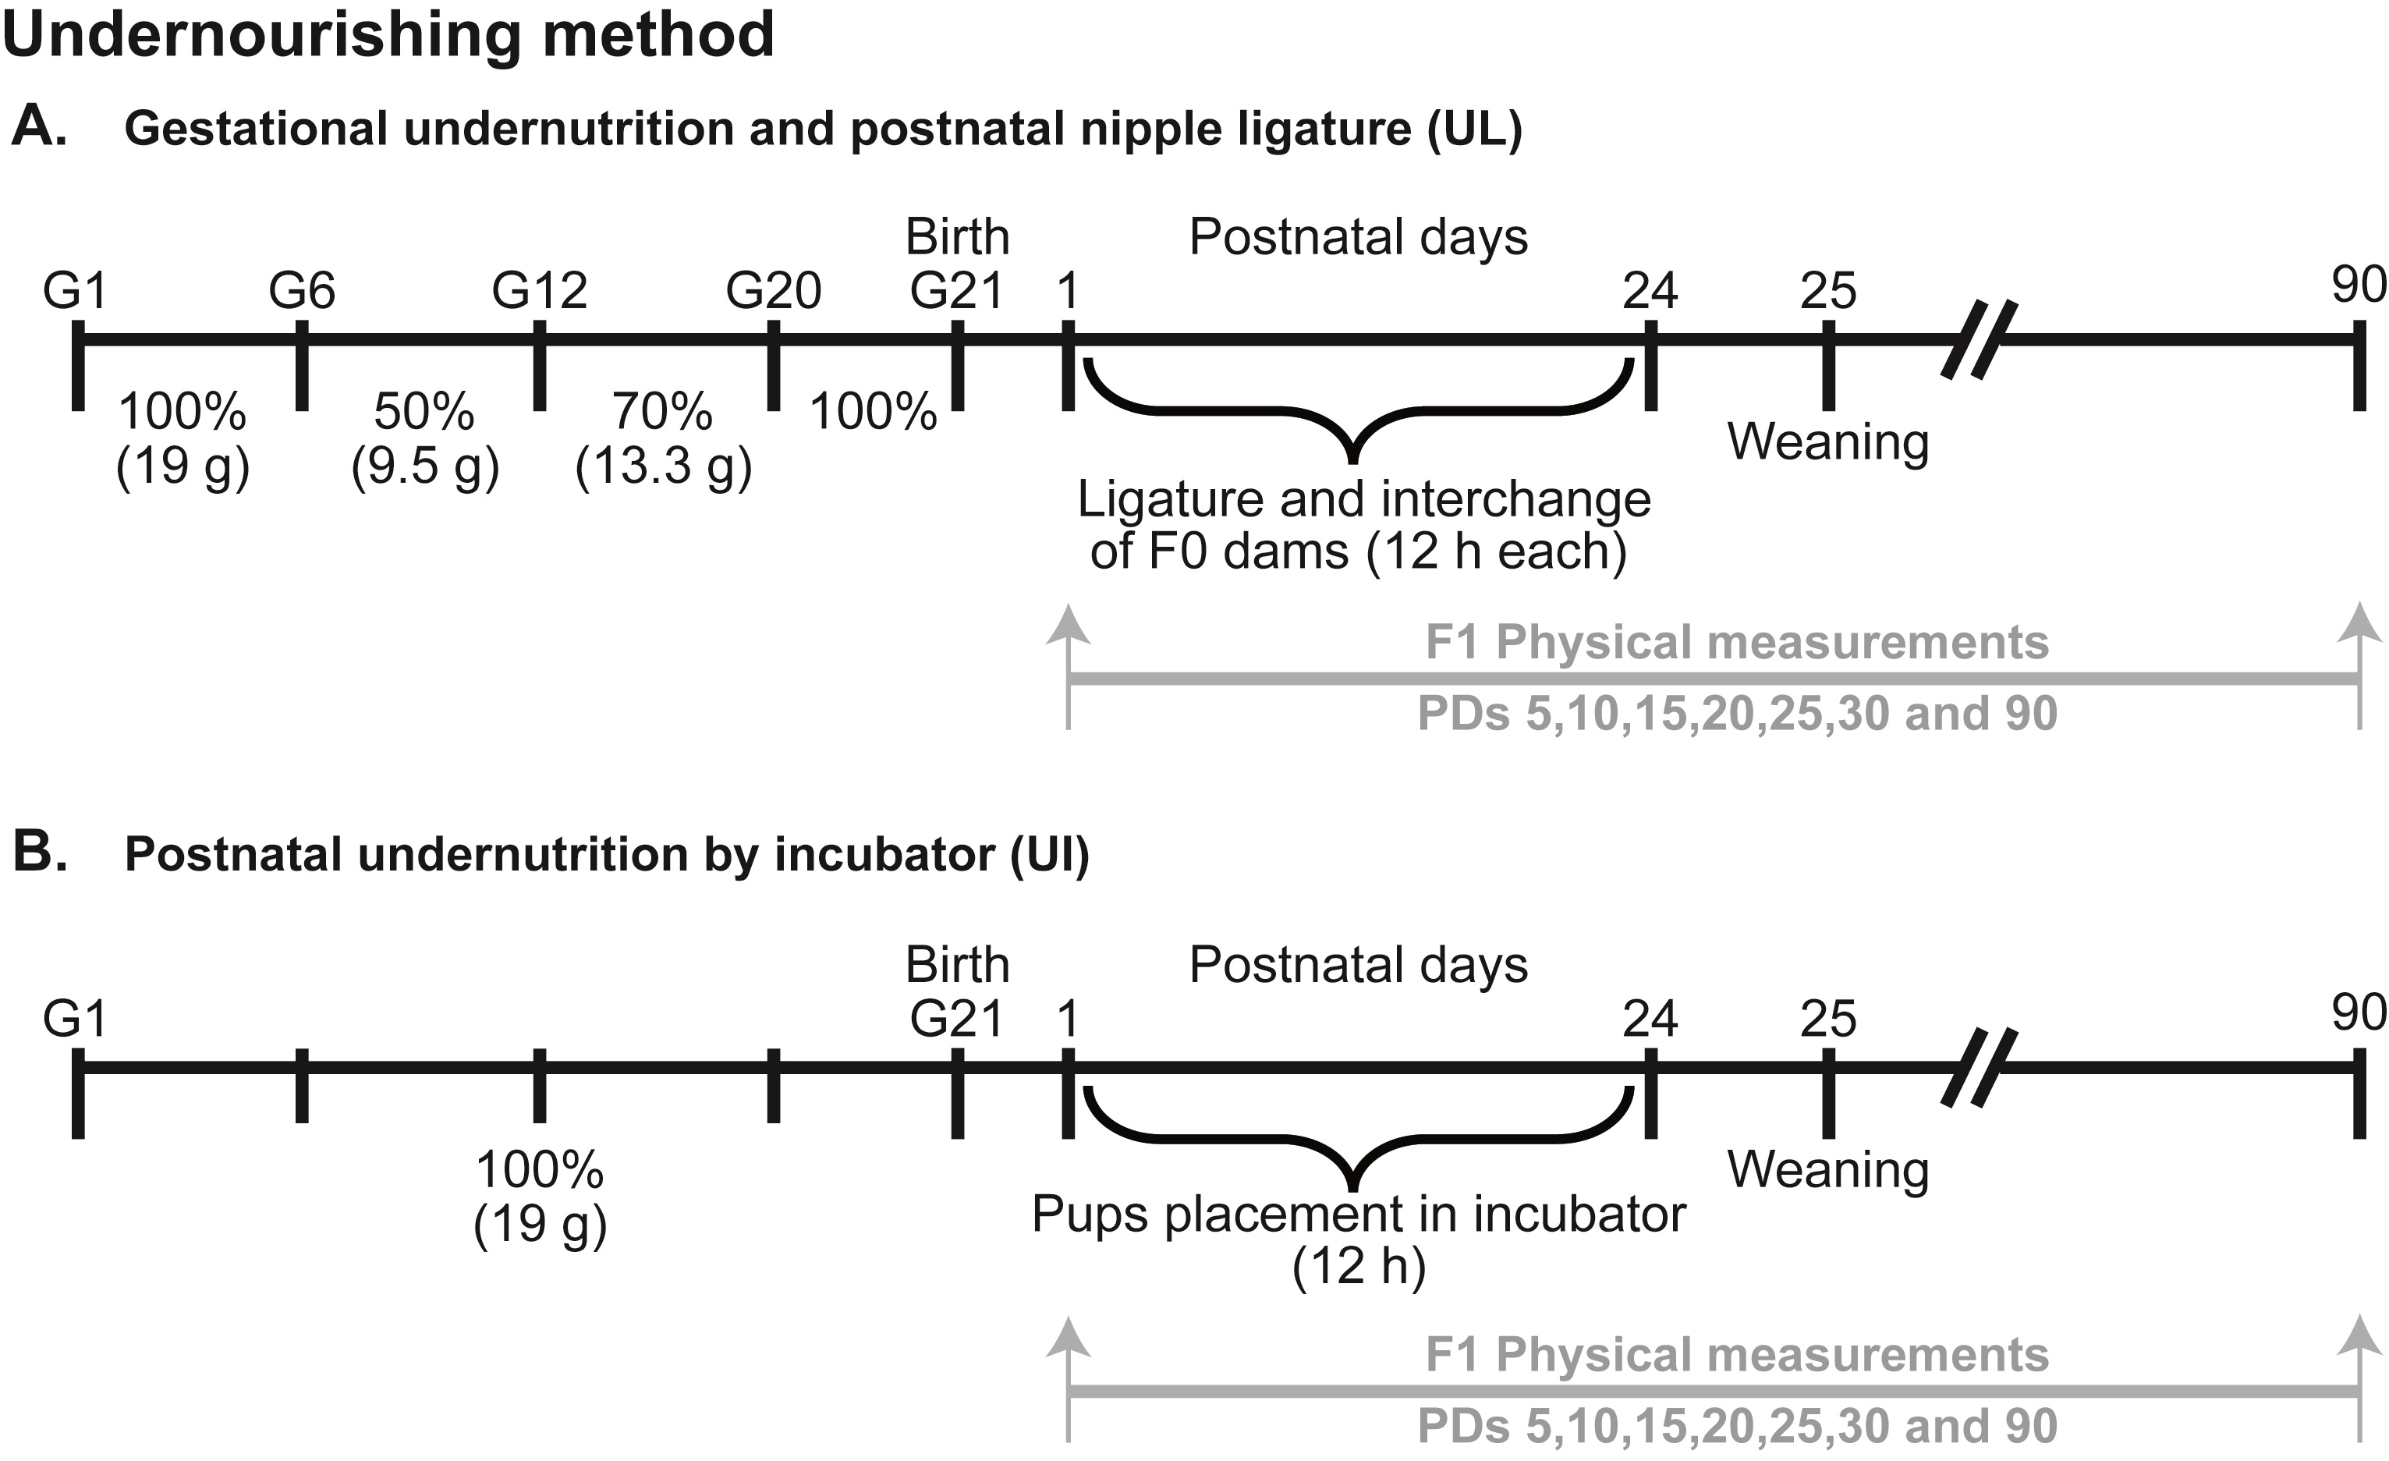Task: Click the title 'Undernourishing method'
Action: tap(388, 36)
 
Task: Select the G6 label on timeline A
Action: tap(302, 291)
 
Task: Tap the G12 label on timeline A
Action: tap(539, 291)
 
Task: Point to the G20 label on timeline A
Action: tap(774, 291)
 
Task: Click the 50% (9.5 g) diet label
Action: tap(424, 438)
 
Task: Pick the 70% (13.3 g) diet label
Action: tap(663, 438)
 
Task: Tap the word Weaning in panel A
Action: tap(1827, 442)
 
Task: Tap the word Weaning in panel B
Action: tap(1827, 1170)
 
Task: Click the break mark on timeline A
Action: tap(1979, 339)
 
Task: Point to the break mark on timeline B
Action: tap(1979, 1067)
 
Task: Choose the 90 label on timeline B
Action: tap(2358, 1013)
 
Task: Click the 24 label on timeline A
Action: tap(1650, 291)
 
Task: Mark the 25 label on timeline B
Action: tap(1827, 1019)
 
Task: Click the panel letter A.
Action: tap(39, 127)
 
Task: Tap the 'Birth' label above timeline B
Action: tap(957, 965)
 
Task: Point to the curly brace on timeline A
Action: tap(1355, 412)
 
